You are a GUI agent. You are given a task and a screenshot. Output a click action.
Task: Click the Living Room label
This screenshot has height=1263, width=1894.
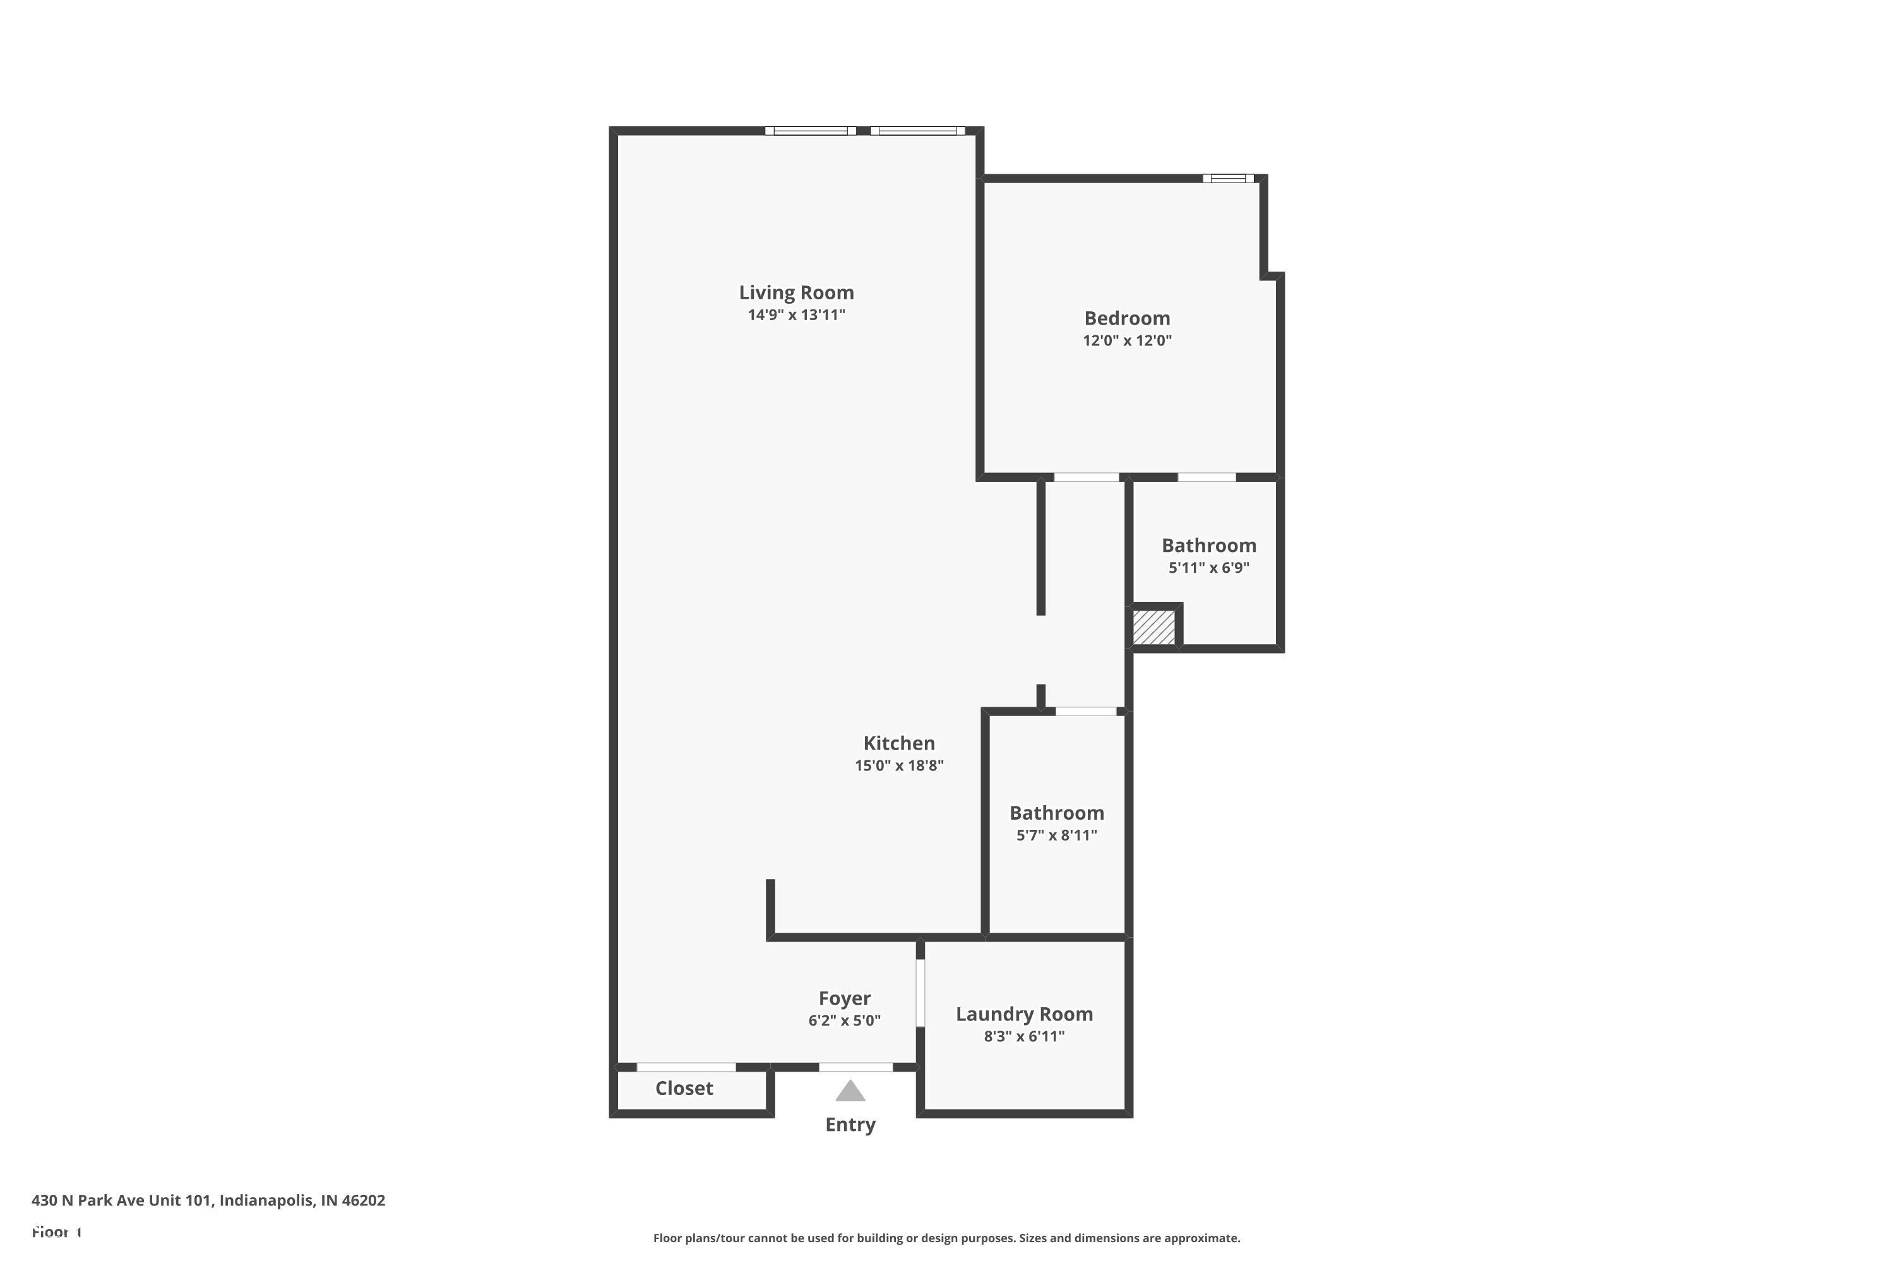point(795,292)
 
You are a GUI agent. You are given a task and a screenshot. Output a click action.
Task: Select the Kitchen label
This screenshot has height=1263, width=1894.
point(898,743)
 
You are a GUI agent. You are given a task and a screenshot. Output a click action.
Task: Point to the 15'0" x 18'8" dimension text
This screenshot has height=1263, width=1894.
point(898,766)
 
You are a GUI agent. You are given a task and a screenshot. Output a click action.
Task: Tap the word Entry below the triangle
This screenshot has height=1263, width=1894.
point(850,1125)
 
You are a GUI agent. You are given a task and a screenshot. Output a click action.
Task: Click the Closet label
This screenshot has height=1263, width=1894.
point(684,1089)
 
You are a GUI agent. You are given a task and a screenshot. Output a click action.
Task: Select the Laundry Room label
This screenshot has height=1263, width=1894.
point(1023,1015)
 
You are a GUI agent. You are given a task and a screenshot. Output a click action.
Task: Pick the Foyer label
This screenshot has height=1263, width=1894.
point(844,999)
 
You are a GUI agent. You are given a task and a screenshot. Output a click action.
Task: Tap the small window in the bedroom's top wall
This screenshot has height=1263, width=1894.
point(1227,179)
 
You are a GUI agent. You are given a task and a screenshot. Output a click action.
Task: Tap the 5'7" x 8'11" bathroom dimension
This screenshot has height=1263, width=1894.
point(1056,835)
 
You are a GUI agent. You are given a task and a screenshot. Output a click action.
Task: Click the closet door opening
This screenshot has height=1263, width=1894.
point(686,1067)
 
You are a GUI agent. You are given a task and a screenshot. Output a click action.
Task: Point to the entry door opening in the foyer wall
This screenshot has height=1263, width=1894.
point(855,1067)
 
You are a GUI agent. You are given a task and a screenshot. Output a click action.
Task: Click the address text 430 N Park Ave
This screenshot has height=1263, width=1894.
point(208,1200)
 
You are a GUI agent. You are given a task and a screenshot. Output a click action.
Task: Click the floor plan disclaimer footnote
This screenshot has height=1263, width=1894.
point(946,1238)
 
